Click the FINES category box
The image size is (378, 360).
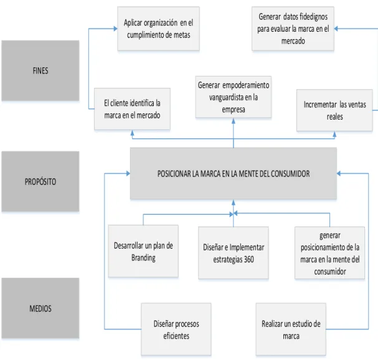pos(40,70)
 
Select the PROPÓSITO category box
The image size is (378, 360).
pos(40,181)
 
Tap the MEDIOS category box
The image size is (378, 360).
pos(40,308)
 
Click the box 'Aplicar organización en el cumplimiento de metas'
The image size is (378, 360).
pos(158,29)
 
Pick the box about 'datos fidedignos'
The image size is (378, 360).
pos(293,29)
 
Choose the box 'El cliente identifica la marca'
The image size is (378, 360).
pos(132,109)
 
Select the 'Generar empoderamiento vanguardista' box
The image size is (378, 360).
pos(234,97)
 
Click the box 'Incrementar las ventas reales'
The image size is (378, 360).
pos(334,110)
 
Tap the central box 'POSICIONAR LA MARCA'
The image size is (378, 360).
pos(234,173)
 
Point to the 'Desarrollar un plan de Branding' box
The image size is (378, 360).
pos(143,251)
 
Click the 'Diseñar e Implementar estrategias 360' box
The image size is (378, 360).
pos(234,253)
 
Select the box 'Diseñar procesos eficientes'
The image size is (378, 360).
pos(176,329)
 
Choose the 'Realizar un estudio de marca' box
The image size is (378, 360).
pos(291,329)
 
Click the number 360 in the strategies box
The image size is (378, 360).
pos(249,259)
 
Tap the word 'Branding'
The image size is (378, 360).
pos(143,258)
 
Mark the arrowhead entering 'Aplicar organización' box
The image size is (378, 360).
pos(115,29)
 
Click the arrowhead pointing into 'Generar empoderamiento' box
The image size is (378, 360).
pos(234,121)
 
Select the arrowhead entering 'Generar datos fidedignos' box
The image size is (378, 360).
pos(336,29)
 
